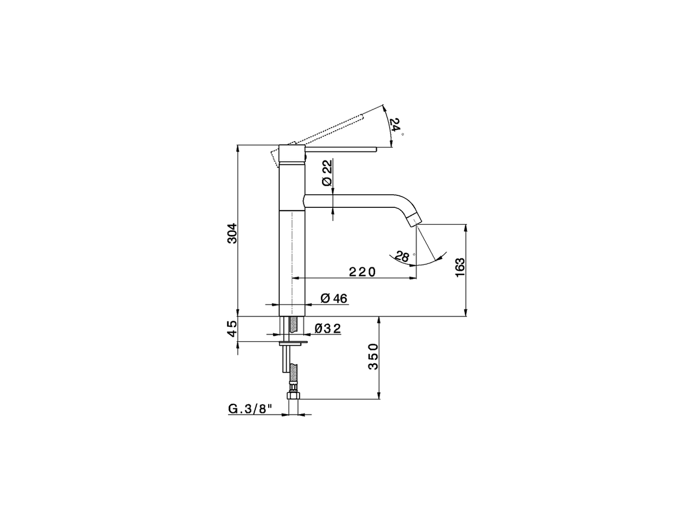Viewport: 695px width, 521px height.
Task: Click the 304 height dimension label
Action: pyautogui.click(x=232, y=233)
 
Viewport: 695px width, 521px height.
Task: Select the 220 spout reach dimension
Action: pyautogui.click(x=362, y=272)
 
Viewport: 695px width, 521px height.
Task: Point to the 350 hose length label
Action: pyautogui.click(x=373, y=357)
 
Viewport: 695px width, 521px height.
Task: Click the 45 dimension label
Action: pyautogui.click(x=232, y=328)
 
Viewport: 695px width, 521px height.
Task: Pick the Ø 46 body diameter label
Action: pyautogui.click(x=334, y=298)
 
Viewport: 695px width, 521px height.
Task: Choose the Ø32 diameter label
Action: pyautogui.click(x=328, y=328)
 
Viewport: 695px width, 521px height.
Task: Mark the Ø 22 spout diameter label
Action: pyautogui.click(x=326, y=174)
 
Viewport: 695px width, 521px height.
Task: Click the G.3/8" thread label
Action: pyautogui.click(x=250, y=409)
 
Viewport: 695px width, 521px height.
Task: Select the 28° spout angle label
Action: pyautogui.click(x=402, y=256)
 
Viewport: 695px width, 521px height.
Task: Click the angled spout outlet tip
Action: pyautogui.click(x=414, y=219)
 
